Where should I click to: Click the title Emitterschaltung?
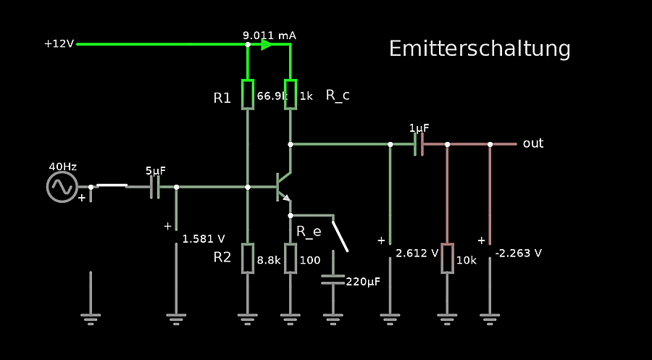tap(480, 49)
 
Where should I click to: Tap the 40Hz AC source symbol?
tap(62, 187)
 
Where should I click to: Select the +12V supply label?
tap(59, 43)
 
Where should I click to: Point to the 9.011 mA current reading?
tap(269, 35)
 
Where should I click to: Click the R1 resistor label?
tap(222, 98)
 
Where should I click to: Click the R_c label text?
tap(338, 95)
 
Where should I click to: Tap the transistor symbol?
tap(283, 187)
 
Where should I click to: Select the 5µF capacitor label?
tap(155, 171)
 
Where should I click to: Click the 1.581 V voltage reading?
tap(204, 238)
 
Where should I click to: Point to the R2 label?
tap(222, 257)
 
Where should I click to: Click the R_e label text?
tap(309, 232)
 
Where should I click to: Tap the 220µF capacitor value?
tap(363, 282)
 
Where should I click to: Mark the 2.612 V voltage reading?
tap(417, 254)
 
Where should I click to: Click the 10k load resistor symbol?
tap(447, 259)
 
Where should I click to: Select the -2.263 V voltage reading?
tap(519, 254)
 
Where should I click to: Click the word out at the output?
tap(533, 143)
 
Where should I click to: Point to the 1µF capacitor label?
tap(419, 127)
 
